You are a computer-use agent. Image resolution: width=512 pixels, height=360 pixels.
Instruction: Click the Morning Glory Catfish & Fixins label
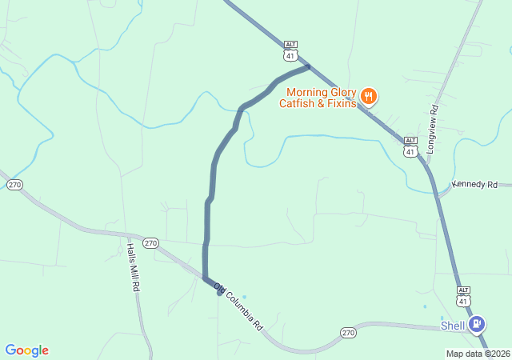[x=317, y=98]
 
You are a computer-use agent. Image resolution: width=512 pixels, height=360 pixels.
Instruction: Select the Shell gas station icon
[x=478, y=324]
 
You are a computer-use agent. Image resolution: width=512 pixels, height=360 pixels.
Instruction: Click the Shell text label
[x=454, y=326]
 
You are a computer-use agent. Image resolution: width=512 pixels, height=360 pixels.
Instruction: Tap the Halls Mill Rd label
[x=133, y=266]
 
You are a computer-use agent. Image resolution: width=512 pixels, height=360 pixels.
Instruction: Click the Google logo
[x=27, y=350]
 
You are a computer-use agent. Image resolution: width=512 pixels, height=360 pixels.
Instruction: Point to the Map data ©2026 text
[x=477, y=354]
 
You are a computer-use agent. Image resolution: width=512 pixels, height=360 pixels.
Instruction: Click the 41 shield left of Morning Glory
[x=290, y=55]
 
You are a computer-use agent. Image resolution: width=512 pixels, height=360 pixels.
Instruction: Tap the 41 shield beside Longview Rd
[x=410, y=150]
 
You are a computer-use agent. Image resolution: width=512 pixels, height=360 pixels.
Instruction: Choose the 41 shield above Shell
[x=463, y=300]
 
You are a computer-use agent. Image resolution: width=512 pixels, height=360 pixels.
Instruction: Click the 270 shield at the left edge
[x=14, y=185]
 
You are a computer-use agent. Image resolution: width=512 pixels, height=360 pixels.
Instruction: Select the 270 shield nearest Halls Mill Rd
[x=150, y=242]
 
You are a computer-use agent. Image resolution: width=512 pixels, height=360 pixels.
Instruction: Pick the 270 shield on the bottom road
[x=347, y=332]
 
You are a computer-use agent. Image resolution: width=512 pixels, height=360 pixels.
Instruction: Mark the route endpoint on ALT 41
[x=308, y=66]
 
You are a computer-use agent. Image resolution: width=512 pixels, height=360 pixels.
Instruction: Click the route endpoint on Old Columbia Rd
[x=219, y=291]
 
